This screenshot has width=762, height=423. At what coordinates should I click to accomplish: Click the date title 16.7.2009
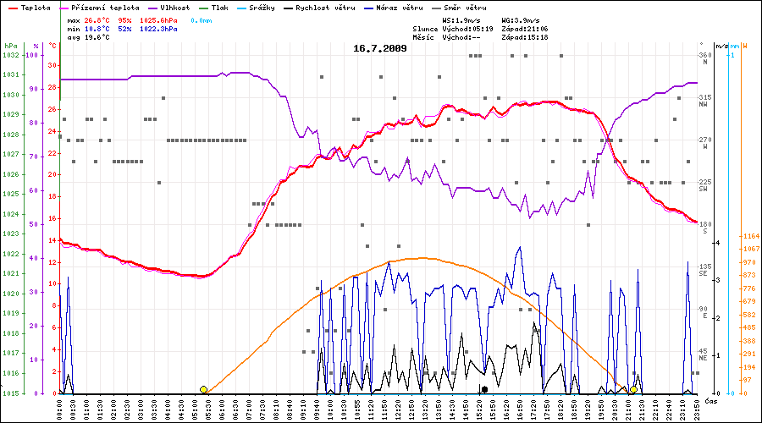pyautogui.click(x=380, y=48)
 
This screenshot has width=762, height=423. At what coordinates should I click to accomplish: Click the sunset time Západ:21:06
pyautogui.click(x=525, y=29)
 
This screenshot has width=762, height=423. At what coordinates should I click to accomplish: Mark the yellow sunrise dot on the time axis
pyautogui.click(x=203, y=389)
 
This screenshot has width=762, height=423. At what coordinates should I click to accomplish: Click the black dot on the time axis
pyautogui.click(x=484, y=389)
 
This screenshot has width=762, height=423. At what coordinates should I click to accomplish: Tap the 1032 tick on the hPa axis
pyautogui.click(x=11, y=55)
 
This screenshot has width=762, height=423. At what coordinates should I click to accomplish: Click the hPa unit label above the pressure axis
pyautogui.click(x=10, y=45)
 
